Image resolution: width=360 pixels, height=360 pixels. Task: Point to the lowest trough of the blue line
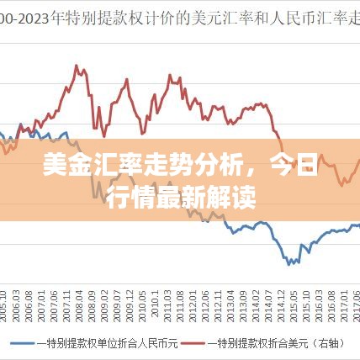click(290, 262)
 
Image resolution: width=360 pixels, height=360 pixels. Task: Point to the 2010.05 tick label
click(141, 301)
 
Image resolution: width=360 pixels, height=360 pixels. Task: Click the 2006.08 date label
click(30, 301)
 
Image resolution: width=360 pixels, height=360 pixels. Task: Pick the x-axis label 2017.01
click(343, 301)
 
